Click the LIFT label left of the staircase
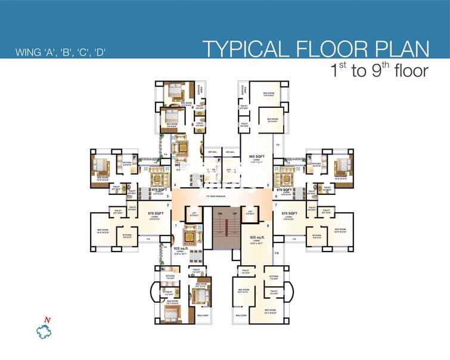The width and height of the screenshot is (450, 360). [x=194, y=212]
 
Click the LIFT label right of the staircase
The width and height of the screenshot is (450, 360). [x=250, y=212]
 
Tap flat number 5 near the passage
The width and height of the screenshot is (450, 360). [x=269, y=185]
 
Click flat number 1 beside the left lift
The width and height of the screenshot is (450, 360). [x=176, y=225]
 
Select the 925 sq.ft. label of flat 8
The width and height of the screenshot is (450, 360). [x=257, y=237]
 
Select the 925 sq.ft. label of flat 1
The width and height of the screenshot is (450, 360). [x=181, y=248]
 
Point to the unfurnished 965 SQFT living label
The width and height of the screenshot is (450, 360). [x=257, y=156]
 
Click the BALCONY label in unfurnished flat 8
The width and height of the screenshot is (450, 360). [x=241, y=315]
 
